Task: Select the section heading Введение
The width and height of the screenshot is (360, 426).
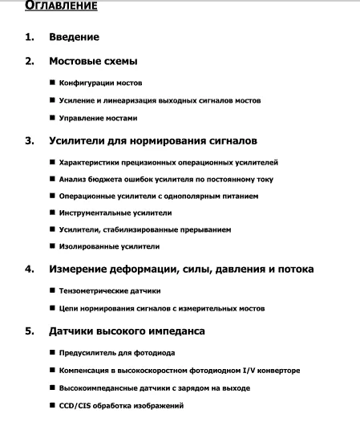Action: [x=74, y=38]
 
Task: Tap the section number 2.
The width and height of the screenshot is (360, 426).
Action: [x=30, y=61]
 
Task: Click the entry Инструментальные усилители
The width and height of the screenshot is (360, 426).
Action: [x=115, y=213]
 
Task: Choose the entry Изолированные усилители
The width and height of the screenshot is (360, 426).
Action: [x=110, y=245]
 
